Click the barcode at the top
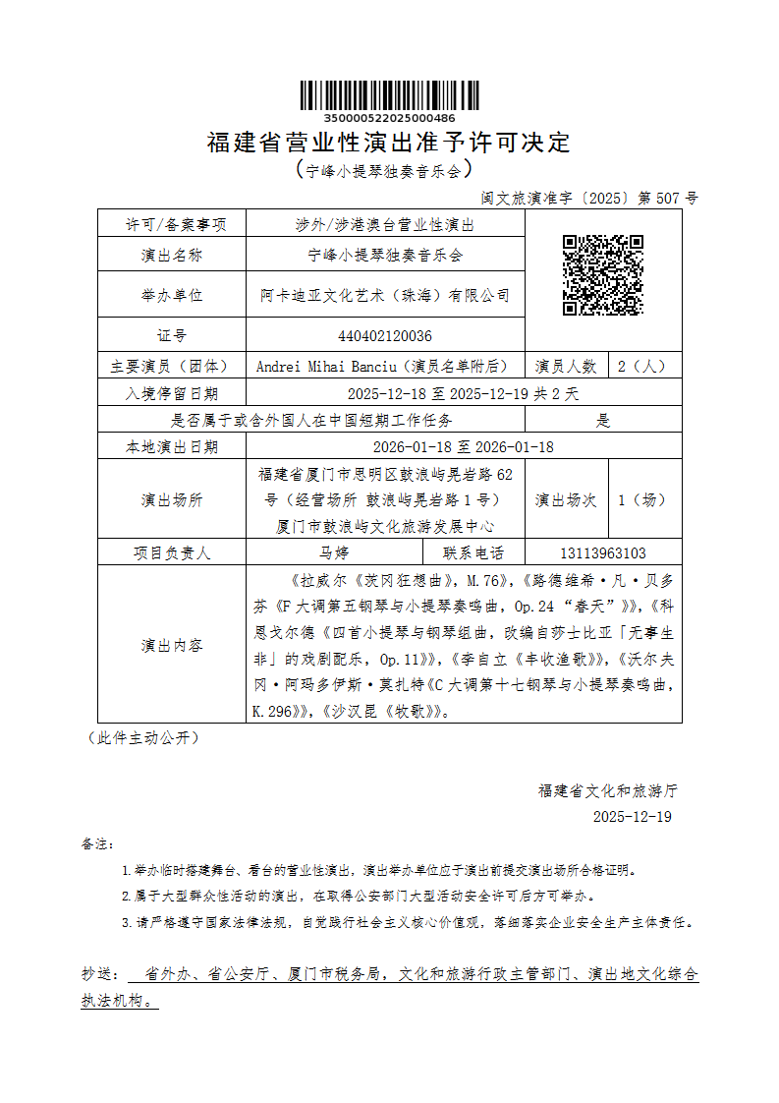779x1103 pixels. pyautogui.click(x=389, y=95)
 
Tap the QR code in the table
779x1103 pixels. pyautogui.click(x=602, y=275)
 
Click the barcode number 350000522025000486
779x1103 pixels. pyautogui.click(x=389, y=117)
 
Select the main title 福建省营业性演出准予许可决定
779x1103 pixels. pyautogui.click(x=389, y=143)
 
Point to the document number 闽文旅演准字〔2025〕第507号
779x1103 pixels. pyautogui.click(x=589, y=198)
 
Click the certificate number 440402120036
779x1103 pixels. pyautogui.click(x=385, y=336)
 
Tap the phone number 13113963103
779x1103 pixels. pyautogui.click(x=603, y=553)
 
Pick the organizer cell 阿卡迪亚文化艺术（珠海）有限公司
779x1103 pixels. pyautogui.click(x=385, y=295)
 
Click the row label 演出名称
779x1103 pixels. pyautogui.click(x=172, y=256)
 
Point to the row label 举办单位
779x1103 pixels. pyautogui.click(x=172, y=295)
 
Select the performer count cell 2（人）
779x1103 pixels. pyautogui.click(x=641, y=367)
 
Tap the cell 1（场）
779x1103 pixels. pyautogui.click(x=641, y=499)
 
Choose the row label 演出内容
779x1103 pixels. pyautogui.click(x=172, y=646)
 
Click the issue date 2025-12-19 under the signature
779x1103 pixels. pyautogui.click(x=633, y=817)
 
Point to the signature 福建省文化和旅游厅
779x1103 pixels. pyautogui.click(x=608, y=790)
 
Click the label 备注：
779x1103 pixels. pyautogui.click(x=98, y=844)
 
